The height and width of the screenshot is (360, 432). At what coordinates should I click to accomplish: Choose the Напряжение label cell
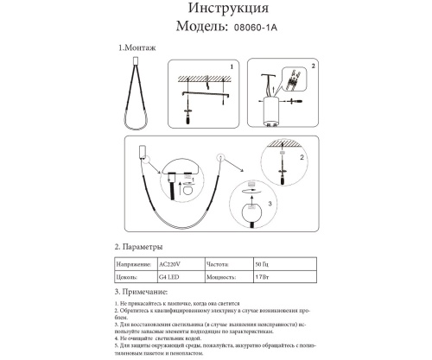coord(133,264)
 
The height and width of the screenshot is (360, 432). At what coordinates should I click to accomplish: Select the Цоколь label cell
coord(127,279)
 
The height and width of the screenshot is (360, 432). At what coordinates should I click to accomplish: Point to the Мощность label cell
coord(222,279)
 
